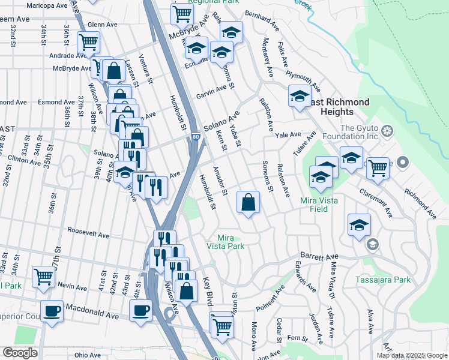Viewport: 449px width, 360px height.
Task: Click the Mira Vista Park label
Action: click(226, 242)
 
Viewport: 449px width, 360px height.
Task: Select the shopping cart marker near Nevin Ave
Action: click(44, 277)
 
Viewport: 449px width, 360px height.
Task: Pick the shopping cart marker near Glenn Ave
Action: click(88, 42)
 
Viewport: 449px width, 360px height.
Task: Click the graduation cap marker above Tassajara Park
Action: click(359, 225)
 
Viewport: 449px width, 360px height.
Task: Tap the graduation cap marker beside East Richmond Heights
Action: click(300, 95)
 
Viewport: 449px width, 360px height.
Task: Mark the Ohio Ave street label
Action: click(88, 355)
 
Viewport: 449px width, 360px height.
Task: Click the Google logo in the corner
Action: click(20, 353)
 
